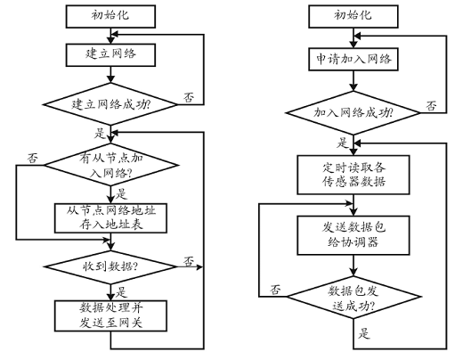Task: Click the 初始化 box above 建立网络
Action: pos(110,16)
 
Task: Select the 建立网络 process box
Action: pos(110,55)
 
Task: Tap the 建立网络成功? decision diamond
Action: pos(110,104)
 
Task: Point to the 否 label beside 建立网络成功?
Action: pos(189,97)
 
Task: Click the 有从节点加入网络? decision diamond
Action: pos(111,165)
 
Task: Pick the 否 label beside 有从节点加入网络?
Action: pos(33,158)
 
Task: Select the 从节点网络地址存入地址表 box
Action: pos(110,218)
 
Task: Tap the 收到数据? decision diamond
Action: pos(110,266)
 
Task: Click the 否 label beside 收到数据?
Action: pos(189,261)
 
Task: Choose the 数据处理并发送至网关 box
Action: pos(110,315)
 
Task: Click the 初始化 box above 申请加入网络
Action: pos(353,16)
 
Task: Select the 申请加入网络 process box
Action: pos(353,60)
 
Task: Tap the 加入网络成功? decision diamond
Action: pos(353,112)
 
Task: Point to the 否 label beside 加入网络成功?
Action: pos(432,106)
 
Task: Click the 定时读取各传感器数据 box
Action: pos(353,175)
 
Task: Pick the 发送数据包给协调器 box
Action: pos(353,235)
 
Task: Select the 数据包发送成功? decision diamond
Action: pos(353,297)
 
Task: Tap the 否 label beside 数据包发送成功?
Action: pos(275,290)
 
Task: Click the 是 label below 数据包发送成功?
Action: pos(364,333)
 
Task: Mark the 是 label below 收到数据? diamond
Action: pos(121,292)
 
